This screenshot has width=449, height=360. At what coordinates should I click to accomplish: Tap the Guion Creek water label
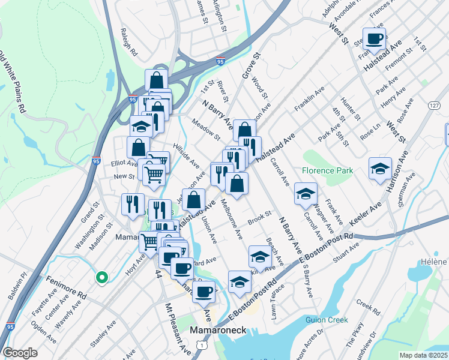click(326, 320)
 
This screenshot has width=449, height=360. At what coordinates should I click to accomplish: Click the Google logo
click(19, 353)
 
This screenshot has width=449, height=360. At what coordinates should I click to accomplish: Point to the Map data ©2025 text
click(424, 355)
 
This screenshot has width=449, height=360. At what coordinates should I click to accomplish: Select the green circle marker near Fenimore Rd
click(102, 277)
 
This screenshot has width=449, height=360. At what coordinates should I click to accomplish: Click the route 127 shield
click(435, 105)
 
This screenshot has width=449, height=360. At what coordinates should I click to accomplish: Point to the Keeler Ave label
click(366, 217)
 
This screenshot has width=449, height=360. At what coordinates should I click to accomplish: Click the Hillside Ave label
click(186, 155)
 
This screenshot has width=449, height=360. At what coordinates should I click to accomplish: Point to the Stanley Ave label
click(103, 335)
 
